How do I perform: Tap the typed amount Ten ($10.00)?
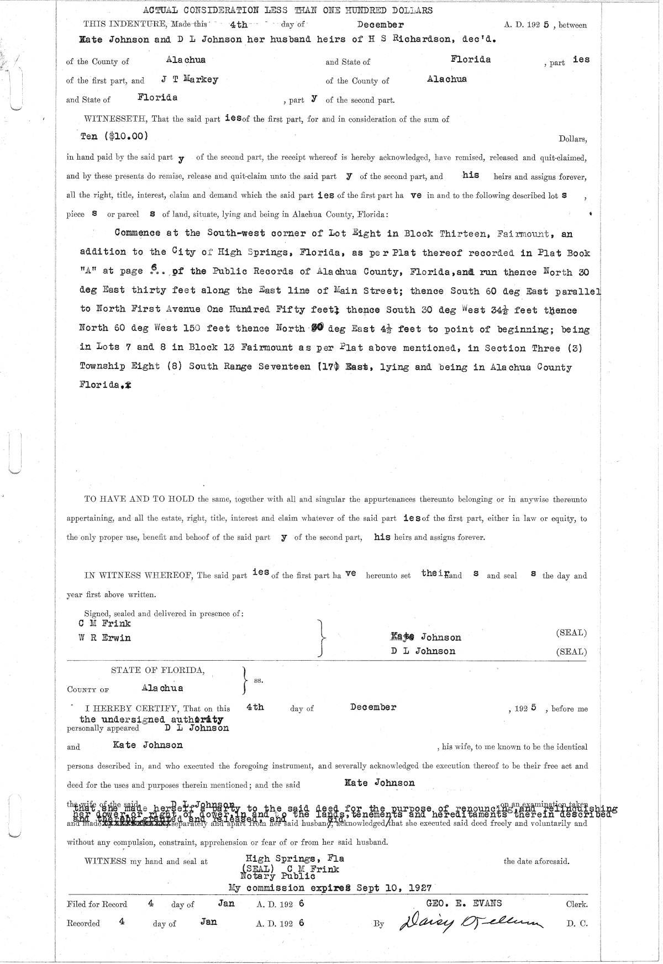pyautogui.click(x=114, y=136)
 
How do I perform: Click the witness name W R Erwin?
pyautogui.click(x=105, y=638)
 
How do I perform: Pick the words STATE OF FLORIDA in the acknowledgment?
pyautogui.click(x=157, y=671)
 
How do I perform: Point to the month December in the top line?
pyautogui.click(x=380, y=25)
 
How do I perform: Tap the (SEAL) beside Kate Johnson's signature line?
pyautogui.click(x=571, y=633)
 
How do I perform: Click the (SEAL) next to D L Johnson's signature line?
pyautogui.click(x=571, y=652)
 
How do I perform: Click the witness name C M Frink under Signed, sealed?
pyautogui.click(x=105, y=623)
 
